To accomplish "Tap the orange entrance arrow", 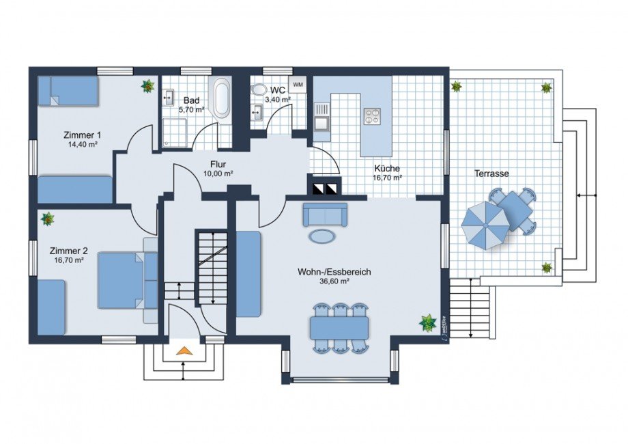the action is coord(183,350).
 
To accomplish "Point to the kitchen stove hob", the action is coord(371,116).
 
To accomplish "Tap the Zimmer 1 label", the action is coord(83,135).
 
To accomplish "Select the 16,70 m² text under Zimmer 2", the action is coord(69,260).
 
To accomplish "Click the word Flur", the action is coord(218,165).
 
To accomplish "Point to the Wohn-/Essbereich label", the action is coord(334,272).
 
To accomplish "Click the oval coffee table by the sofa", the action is coord(322,236).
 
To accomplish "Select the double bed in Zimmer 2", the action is coord(121,281).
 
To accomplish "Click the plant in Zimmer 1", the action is coord(148,86).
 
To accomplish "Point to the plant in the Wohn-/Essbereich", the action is coord(428,323).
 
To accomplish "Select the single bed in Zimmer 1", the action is coord(68,91).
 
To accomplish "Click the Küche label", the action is coord(387,168).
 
